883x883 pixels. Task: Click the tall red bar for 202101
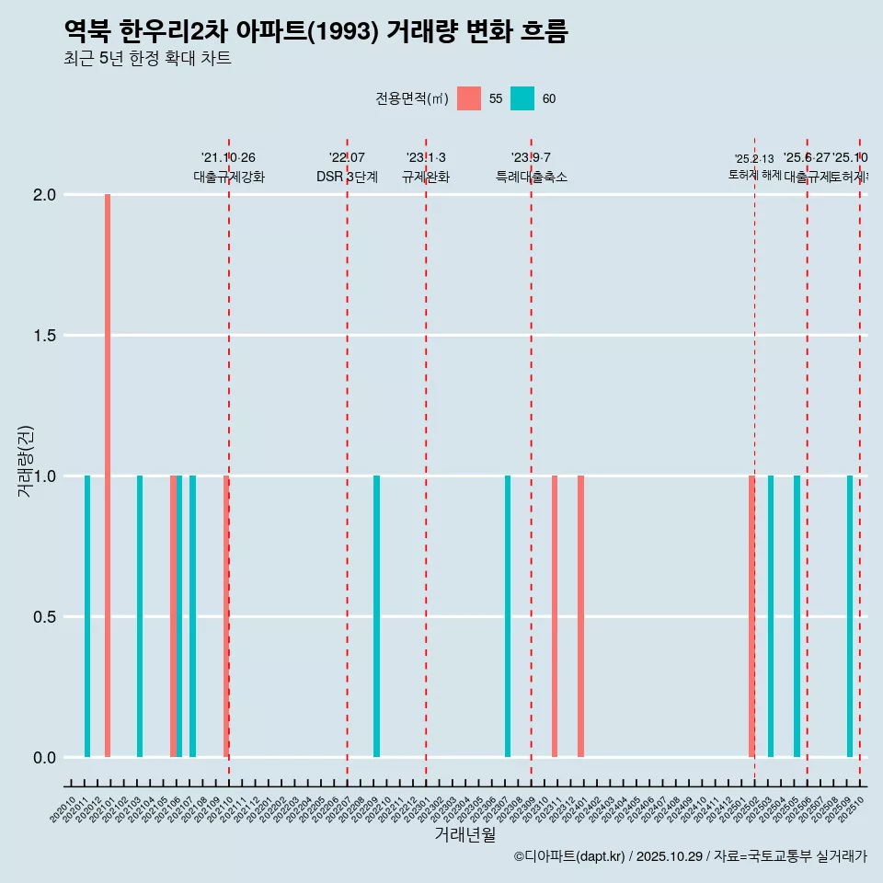pos(108,476)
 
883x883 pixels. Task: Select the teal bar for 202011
pos(87,616)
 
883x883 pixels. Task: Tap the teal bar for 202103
pos(140,616)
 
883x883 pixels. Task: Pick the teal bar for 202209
pos(376,616)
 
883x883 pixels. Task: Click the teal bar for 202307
pos(508,616)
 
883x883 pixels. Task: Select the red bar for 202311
pos(555,616)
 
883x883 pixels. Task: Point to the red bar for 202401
pos(580,616)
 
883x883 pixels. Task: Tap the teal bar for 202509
pos(850,616)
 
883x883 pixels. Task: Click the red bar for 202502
pos(751,616)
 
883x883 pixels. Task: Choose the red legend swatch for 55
pos(469,98)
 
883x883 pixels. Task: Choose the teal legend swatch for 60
pos(522,98)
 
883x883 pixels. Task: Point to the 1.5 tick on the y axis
pos(43,336)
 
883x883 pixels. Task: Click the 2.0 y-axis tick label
pos(43,195)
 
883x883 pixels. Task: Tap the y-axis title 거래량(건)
pos(25,460)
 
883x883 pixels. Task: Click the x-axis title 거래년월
pos(464,835)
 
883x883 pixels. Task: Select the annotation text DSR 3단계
pos(347,177)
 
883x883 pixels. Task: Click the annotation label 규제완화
pos(426,177)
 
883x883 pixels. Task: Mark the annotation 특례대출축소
pos(531,177)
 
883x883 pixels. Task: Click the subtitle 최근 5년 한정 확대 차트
pos(147,59)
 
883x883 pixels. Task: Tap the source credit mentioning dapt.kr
pos(690,856)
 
